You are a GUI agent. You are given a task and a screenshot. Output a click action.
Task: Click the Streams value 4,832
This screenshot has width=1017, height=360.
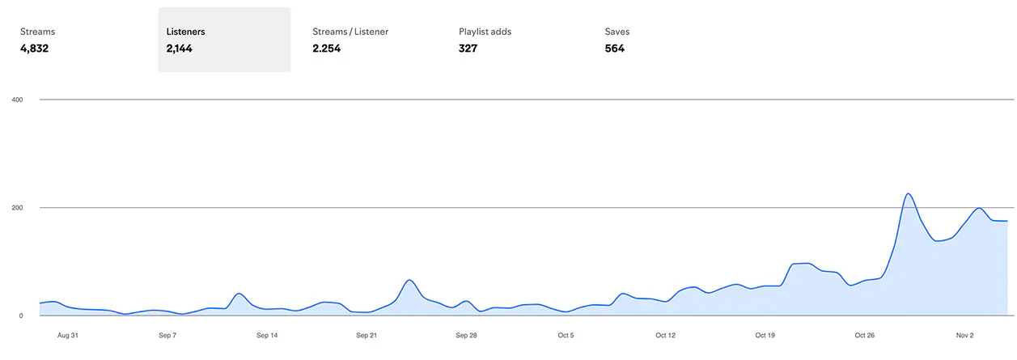coord(34,49)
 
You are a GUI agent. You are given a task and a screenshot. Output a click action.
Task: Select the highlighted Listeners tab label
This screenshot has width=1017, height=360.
coord(185,32)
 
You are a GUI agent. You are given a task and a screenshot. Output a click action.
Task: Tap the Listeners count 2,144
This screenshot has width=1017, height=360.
coord(179,49)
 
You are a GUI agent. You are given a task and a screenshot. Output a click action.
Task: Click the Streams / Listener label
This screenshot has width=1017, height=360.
coord(350,32)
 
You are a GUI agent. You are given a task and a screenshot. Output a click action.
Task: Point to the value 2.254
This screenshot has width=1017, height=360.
coord(326,49)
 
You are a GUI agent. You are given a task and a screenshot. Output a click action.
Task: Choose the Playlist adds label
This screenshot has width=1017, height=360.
coord(485,32)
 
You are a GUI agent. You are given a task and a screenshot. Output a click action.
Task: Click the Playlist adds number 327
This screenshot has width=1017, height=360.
coord(468,49)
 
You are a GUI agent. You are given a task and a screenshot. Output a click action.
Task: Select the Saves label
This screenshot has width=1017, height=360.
coord(617,32)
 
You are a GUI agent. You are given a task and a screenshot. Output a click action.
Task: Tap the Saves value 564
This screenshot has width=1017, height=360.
coord(614,49)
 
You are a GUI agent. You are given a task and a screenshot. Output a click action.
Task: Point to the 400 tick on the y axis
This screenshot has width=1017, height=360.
coord(17,100)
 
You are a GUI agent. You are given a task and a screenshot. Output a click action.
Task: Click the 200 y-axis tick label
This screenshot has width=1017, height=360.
coord(17,208)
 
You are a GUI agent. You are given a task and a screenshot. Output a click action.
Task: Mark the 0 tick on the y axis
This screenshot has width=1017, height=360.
coord(21,316)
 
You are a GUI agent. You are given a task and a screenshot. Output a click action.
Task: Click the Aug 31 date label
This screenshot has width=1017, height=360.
coord(68,336)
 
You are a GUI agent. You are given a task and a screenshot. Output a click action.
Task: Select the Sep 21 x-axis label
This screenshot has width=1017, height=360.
coord(367,336)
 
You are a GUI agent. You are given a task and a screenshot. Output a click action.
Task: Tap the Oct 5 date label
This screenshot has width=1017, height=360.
coord(566,336)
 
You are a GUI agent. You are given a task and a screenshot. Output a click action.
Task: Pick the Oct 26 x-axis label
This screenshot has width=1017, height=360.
coord(864,336)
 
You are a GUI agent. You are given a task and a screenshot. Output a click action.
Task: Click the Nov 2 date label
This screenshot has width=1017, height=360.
coord(964,336)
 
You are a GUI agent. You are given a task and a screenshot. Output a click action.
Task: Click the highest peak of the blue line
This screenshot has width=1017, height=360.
coord(908,194)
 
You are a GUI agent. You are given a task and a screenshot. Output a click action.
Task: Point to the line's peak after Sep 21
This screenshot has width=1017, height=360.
coord(409,280)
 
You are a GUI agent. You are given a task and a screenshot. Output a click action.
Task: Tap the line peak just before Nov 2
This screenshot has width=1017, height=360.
coord(979,208)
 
